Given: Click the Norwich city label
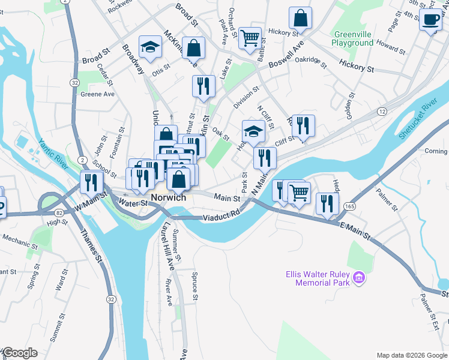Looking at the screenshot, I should [168, 197].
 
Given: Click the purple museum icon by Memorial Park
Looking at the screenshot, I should [360, 277].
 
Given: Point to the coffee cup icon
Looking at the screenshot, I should [430, 19].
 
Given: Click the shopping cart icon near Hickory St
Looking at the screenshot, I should [250, 38].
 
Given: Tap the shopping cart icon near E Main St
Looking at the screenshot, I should [299, 193].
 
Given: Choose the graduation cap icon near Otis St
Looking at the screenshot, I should [151, 47].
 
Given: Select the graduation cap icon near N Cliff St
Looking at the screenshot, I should [254, 131].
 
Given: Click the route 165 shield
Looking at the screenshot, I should [349, 206].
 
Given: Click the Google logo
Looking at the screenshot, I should [20, 353].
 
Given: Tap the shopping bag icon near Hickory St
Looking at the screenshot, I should [300, 19].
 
